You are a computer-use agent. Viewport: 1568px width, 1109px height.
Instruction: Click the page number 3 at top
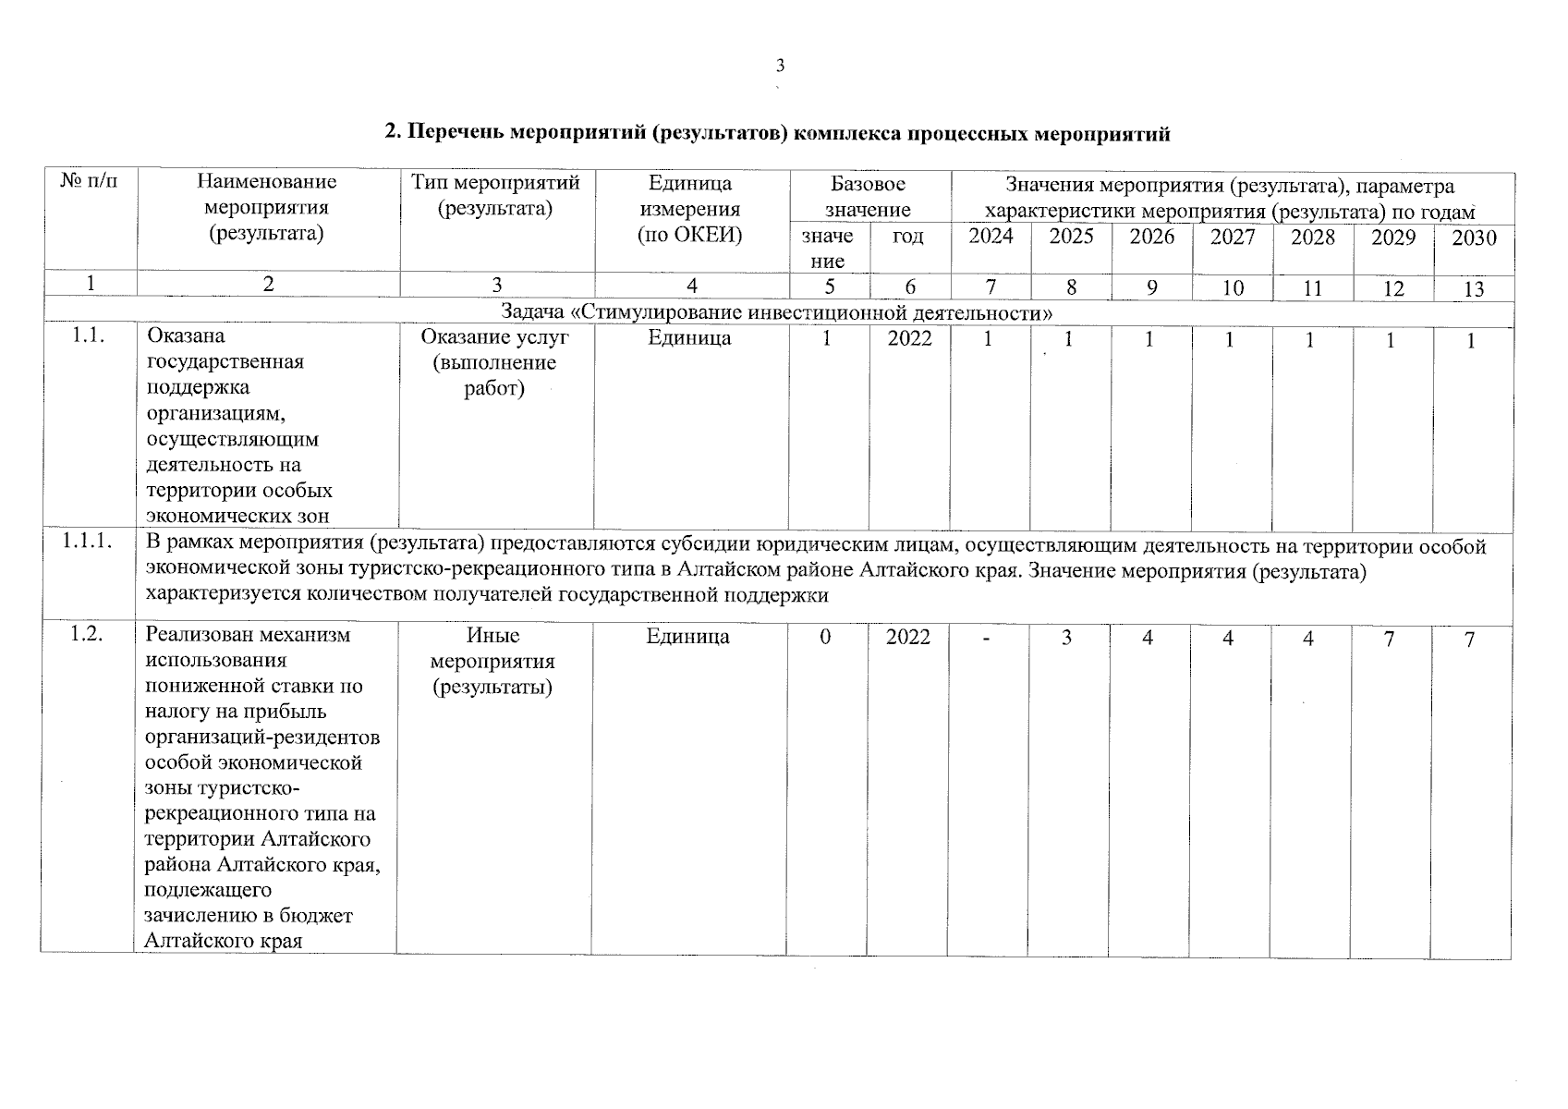pyautogui.click(x=780, y=66)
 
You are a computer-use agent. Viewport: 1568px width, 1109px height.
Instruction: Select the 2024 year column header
pyautogui.click(x=991, y=237)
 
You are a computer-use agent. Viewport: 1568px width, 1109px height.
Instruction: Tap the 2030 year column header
pyautogui.click(x=1474, y=238)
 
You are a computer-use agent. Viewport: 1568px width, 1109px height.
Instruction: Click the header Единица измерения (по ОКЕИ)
pyautogui.click(x=690, y=209)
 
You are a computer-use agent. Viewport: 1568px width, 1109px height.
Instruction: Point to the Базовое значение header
pyautogui.click(x=868, y=196)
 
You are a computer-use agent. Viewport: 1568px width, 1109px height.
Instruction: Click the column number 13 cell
pyautogui.click(x=1474, y=289)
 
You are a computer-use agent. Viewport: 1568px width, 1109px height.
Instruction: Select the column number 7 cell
pyautogui.click(x=991, y=287)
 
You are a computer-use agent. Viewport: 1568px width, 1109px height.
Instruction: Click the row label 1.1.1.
pyautogui.click(x=89, y=544)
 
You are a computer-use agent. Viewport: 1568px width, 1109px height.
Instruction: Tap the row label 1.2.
pyautogui.click(x=87, y=636)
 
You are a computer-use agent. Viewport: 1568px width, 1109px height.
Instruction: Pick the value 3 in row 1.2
pyautogui.click(x=1066, y=638)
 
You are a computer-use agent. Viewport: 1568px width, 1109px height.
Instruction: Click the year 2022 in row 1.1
pyautogui.click(x=910, y=339)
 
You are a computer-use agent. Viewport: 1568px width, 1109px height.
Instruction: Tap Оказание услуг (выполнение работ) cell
pyautogui.click(x=495, y=362)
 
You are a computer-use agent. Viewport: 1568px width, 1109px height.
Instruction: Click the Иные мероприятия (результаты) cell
pyautogui.click(x=492, y=662)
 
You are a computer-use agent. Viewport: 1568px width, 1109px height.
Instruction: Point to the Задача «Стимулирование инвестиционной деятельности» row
pyautogui.click(x=776, y=313)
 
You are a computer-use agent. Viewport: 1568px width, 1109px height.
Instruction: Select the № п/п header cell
pyautogui.click(x=90, y=183)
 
